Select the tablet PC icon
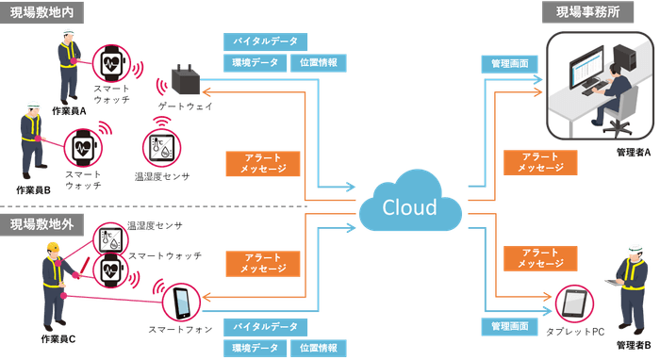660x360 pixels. click(574, 303)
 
